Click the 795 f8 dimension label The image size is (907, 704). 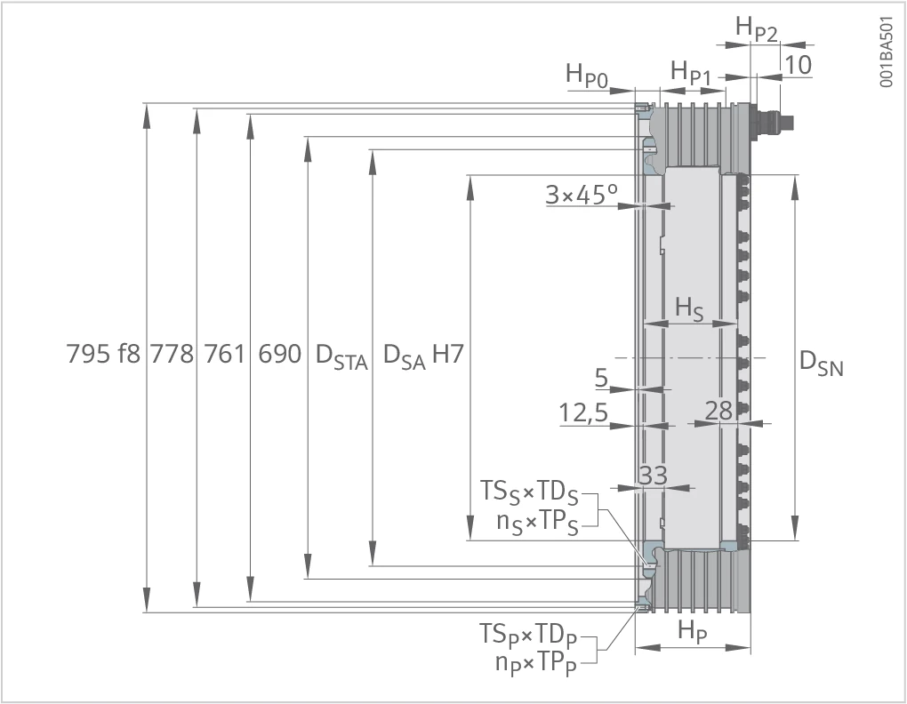pos(103,354)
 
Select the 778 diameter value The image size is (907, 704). pos(173,354)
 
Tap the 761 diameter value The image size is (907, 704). pos(226,354)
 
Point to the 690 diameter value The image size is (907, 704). pos(279,354)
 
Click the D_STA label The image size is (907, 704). pos(341,356)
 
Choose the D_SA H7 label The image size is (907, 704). pos(423,356)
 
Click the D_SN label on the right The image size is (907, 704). pos(822,364)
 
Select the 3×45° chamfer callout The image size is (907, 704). pos(582,195)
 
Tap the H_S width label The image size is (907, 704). pos(689,308)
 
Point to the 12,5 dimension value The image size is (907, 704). pos(583,412)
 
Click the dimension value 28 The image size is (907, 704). pos(719,411)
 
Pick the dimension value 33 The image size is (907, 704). pos(653,476)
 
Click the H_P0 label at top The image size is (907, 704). pos(587,76)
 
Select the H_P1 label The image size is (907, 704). pos(691,73)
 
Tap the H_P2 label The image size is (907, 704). pos(757,28)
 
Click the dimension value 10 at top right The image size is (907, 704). pos(798,65)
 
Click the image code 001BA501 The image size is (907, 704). pos(887,52)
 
